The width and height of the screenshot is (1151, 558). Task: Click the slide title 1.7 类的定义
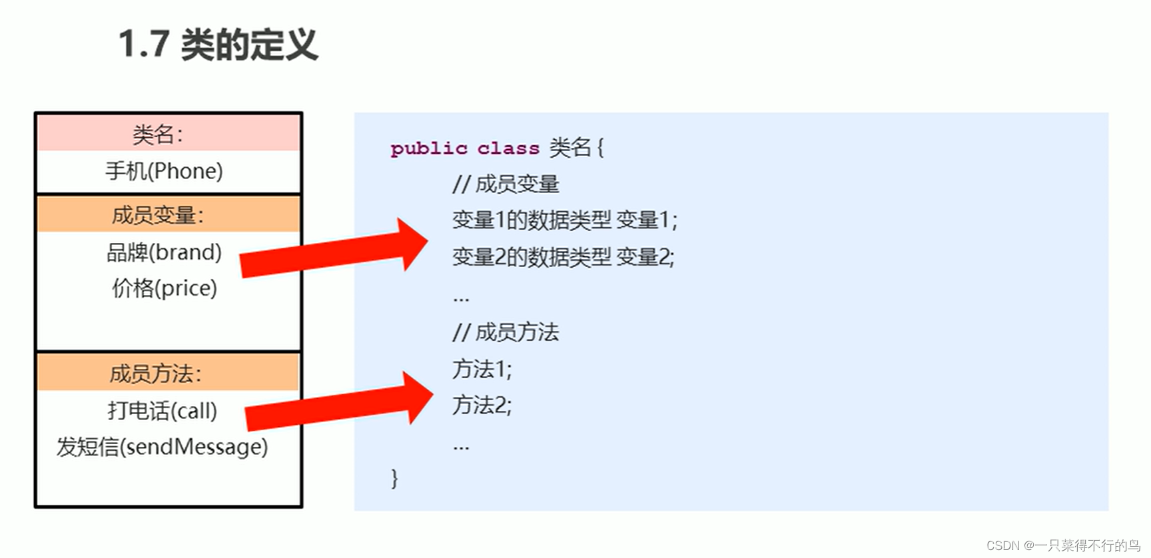coord(218,45)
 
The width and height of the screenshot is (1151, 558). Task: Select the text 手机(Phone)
coord(164,171)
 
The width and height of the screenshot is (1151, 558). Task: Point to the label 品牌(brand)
coord(164,252)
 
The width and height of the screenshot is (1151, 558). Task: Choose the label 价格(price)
coord(164,288)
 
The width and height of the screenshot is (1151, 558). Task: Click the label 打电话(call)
coord(162,411)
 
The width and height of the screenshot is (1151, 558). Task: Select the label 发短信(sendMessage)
coord(162,447)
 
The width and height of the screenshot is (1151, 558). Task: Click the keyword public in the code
coord(428,148)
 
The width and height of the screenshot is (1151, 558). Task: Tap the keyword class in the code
coord(508,148)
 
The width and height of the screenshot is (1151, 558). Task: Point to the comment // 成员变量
coord(506,184)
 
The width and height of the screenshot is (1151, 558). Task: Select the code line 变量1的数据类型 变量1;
coord(564,220)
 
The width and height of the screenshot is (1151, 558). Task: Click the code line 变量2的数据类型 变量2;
coord(563,257)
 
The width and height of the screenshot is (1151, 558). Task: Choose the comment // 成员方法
coord(506,332)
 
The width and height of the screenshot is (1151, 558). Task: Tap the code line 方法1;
coord(482,369)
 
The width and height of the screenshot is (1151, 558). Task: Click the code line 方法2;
coord(482,405)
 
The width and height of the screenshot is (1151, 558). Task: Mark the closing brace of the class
coord(394,478)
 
